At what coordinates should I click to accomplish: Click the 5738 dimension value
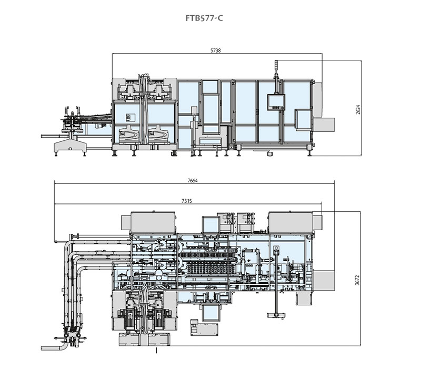pos(215,51)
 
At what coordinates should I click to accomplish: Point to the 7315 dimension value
pos(187,200)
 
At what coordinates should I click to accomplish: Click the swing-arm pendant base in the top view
pos(275,314)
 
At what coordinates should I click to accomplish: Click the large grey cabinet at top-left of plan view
pos(153,222)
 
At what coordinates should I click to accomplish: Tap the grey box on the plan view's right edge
pos(326,278)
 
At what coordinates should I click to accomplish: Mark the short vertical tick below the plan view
pos(156,353)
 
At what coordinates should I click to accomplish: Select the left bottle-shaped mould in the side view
pos(129,133)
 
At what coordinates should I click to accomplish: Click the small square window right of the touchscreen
pos(302,118)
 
